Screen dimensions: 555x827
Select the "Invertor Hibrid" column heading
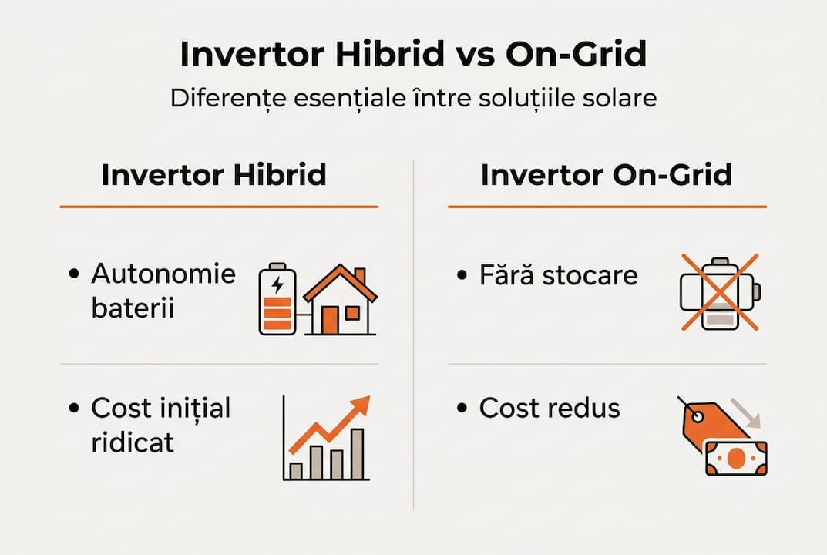[x=213, y=175]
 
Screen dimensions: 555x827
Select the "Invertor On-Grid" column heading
[x=606, y=175]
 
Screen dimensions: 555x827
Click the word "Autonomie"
[x=163, y=274]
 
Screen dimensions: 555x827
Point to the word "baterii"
[x=133, y=308]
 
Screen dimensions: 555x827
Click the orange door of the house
[x=329, y=320]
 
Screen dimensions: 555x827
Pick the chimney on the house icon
[x=360, y=277]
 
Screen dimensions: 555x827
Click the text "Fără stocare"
[x=558, y=275]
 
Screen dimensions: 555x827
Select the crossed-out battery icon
[x=719, y=293]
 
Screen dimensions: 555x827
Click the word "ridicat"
[x=133, y=442]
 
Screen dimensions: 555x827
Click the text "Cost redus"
[x=549, y=409]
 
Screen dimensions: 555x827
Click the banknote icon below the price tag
[x=736, y=459]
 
